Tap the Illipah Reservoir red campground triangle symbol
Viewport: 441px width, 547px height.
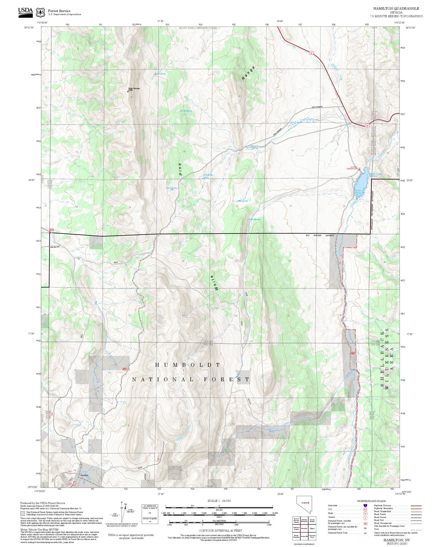tap(360, 169)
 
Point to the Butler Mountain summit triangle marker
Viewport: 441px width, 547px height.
tap(128, 91)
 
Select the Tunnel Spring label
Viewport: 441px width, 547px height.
tap(186, 111)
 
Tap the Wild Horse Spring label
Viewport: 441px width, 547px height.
tap(208, 176)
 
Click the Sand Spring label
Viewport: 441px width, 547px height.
tap(171, 188)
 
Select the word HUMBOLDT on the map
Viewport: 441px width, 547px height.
tap(187, 365)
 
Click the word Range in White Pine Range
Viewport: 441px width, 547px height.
tap(248, 73)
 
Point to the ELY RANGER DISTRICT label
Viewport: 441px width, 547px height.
tap(320, 235)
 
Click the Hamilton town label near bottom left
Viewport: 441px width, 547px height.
tap(84, 475)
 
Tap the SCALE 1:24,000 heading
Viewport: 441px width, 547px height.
tap(219, 501)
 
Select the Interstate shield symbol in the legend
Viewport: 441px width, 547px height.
tap(365, 506)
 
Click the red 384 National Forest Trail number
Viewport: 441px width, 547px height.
tap(365, 533)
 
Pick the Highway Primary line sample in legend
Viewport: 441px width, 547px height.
tap(416, 506)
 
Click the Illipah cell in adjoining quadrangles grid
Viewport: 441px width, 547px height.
tap(312, 528)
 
